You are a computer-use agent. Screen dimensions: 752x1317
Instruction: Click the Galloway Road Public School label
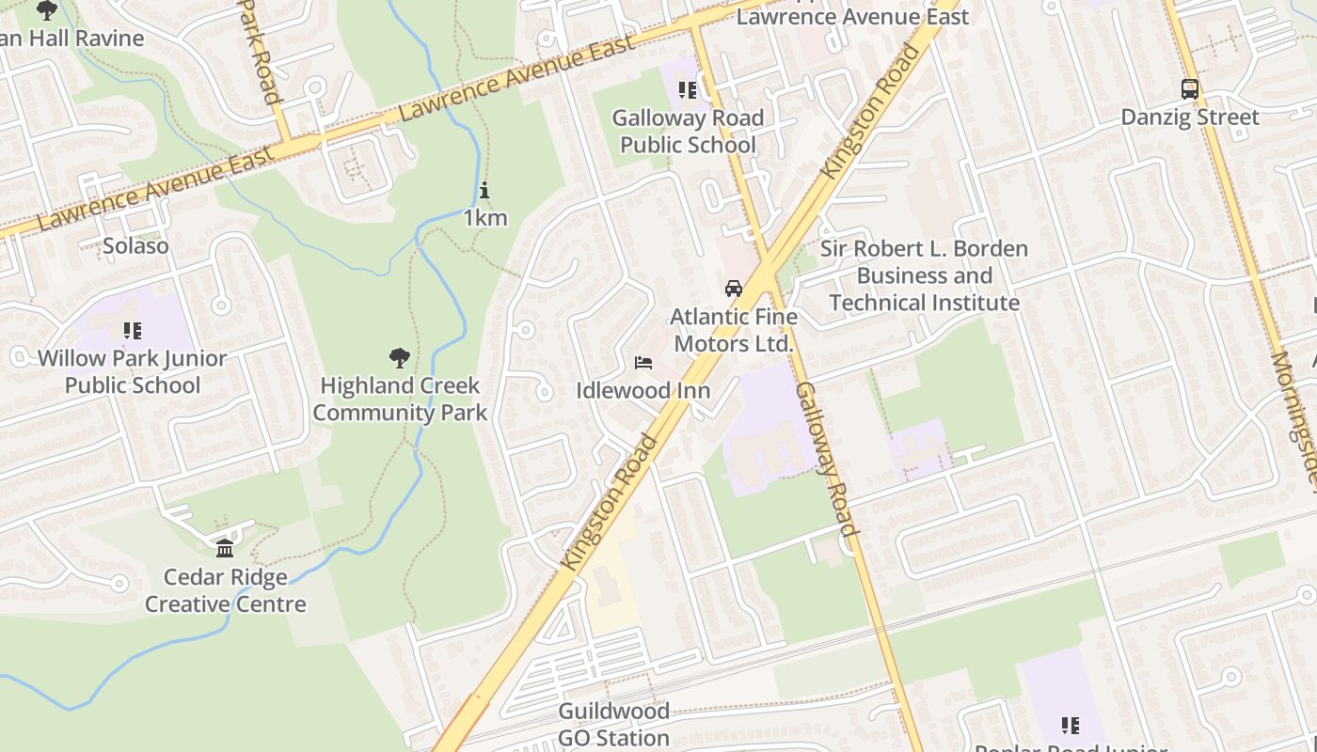click(x=688, y=132)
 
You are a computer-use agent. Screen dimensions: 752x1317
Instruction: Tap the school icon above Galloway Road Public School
click(x=688, y=90)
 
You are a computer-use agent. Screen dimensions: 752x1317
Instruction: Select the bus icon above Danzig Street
click(x=1190, y=89)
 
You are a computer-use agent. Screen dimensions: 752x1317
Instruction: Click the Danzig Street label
click(x=1190, y=117)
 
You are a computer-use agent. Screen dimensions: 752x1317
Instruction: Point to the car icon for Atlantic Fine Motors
click(x=734, y=289)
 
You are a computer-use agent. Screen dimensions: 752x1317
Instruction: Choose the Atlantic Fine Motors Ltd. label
click(x=734, y=331)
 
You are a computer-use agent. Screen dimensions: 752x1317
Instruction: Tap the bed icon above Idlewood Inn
click(x=643, y=363)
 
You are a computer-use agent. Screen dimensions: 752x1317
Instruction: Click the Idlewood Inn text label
click(x=643, y=390)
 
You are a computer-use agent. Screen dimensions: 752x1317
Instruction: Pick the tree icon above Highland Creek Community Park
click(x=400, y=357)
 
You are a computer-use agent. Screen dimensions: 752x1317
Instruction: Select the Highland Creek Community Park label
click(x=400, y=399)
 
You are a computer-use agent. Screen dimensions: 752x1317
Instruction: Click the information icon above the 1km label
click(x=484, y=191)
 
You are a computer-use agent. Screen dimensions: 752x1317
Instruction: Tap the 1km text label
click(x=485, y=218)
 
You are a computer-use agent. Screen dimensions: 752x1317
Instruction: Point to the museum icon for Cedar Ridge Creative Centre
click(x=225, y=548)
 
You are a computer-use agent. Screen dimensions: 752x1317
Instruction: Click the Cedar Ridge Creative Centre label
click(x=226, y=590)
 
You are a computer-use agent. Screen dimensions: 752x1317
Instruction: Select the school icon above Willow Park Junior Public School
click(x=133, y=330)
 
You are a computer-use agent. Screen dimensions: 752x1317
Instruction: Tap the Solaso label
click(x=136, y=246)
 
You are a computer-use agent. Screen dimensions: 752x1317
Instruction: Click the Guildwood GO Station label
click(x=614, y=724)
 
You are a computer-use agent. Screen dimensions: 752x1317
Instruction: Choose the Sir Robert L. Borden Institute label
click(x=925, y=275)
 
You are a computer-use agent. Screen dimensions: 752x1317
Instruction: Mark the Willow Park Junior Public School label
click(x=133, y=372)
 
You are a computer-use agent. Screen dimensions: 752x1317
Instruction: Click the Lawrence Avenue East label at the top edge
click(x=852, y=16)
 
